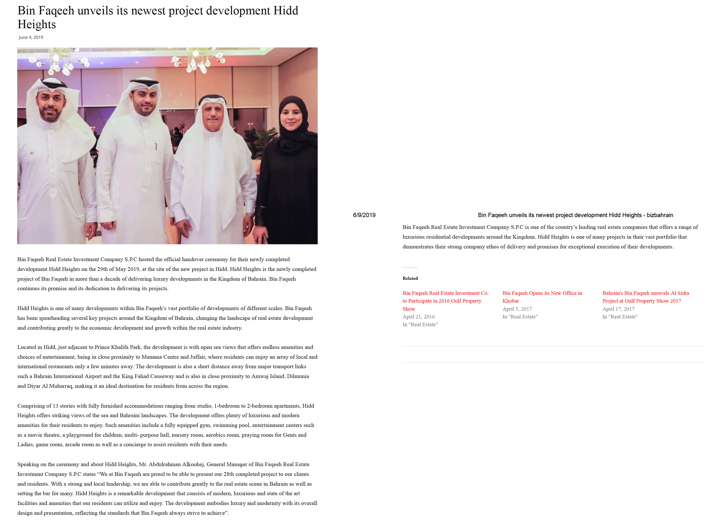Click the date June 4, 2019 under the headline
[x=31, y=37]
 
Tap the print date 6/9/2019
[x=364, y=215]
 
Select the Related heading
[x=410, y=278]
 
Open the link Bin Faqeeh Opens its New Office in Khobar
[x=542, y=297]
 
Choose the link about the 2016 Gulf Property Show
[x=445, y=301]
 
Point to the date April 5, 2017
[x=517, y=309]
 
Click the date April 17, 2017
[x=618, y=309]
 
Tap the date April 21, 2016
[x=418, y=316]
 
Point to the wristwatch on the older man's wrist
[x=250, y=214]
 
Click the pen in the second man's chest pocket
[x=156, y=147]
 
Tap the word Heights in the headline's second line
[x=37, y=24]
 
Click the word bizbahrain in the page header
[x=659, y=215]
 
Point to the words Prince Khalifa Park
[x=117, y=347]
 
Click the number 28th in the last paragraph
[x=229, y=474]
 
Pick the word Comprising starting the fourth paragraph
[x=30, y=406]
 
